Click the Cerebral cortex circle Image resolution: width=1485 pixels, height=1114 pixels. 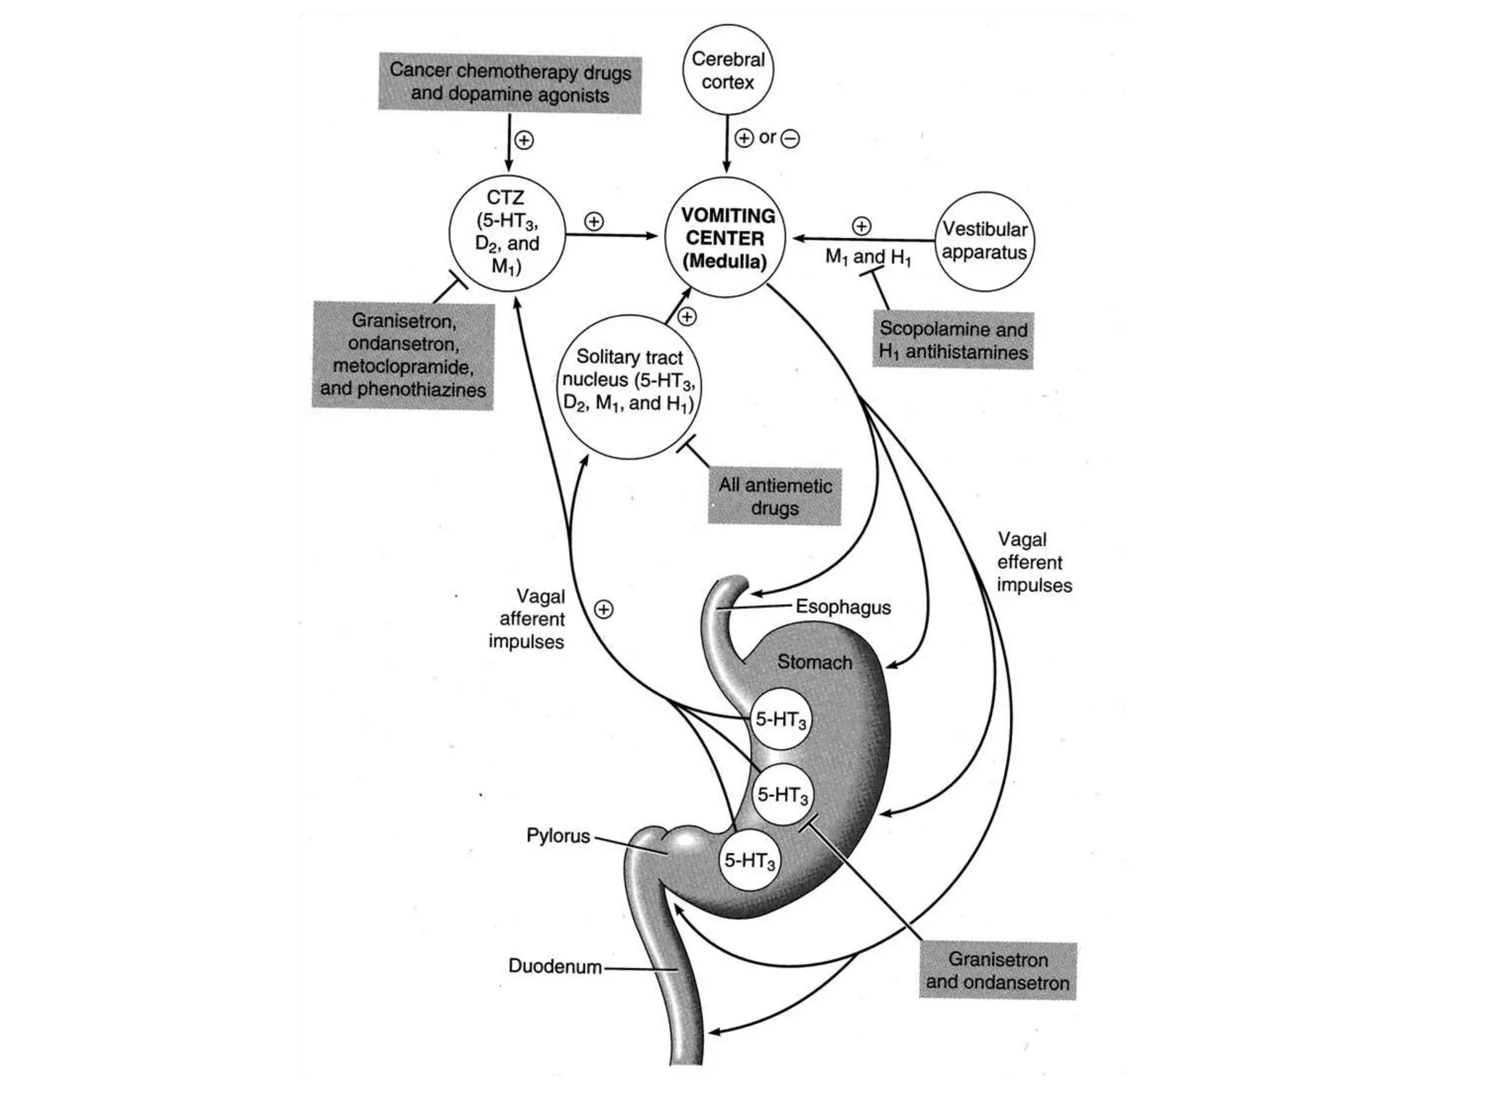(728, 70)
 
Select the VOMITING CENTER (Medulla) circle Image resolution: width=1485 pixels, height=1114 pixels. (726, 237)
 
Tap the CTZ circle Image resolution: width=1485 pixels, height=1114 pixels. (507, 233)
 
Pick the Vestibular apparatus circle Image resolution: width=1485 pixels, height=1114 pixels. (985, 241)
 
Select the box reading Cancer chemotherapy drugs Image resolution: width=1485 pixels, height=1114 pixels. (510, 83)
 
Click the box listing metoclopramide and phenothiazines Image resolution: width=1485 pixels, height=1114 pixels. (403, 355)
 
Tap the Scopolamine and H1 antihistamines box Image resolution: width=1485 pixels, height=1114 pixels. (953, 340)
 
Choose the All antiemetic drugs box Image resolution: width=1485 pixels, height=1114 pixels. (774, 496)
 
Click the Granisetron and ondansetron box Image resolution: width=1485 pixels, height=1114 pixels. (997, 970)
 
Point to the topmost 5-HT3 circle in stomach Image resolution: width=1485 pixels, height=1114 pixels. (780, 719)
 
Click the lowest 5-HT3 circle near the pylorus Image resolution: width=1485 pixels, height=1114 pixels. (750, 861)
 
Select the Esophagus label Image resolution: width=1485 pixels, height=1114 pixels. (843, 606)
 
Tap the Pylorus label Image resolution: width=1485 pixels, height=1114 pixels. (558, 835)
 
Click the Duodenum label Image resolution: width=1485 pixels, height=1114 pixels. (555, 966)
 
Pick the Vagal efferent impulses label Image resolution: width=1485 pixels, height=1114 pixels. (1033, 562)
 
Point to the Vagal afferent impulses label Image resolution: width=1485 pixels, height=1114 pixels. (527, 619)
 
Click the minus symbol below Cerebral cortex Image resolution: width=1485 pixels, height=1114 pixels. (790, 138)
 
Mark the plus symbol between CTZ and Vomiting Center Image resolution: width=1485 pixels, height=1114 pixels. (594, 221)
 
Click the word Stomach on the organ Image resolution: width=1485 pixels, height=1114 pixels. (814, 661)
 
